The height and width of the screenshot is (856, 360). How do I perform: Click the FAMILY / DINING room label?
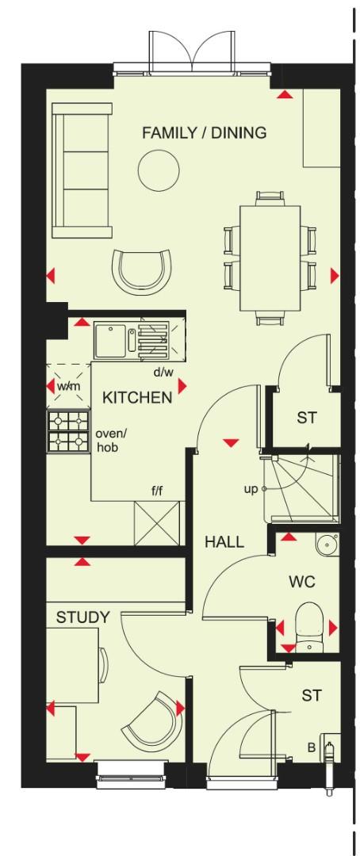point(204,132)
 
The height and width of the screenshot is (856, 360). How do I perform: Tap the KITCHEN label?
point(137,397)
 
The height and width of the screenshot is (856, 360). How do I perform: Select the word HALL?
point(224,542)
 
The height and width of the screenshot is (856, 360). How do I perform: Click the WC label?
point(302,583)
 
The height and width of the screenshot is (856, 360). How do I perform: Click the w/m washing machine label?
point(68,386)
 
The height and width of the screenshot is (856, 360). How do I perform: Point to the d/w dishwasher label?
point(163,372)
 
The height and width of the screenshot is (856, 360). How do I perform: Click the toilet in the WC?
point(307,624)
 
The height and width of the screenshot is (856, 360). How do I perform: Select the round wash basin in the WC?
point(326,544)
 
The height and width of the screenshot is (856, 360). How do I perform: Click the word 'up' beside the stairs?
point(251,489)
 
